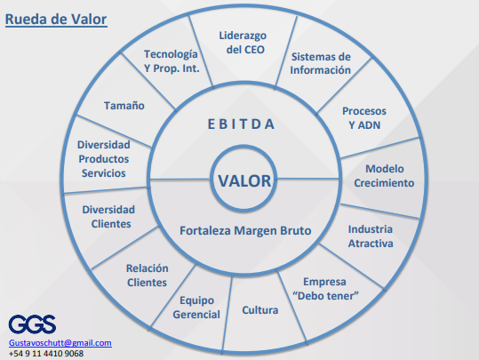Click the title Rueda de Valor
[56, 20]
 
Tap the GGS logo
[32, 324]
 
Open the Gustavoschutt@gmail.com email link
[60, 343]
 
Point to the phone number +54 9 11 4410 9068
[46, 354]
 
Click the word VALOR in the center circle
[244, 180]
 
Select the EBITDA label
[241, 124]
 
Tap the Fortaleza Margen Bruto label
[245, 231]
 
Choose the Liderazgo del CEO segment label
[243, 43]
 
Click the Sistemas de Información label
[321, 63]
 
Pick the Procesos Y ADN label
[364, 118]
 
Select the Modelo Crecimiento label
[384, 176]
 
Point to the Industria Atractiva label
[371, 236]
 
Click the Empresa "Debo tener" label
[325, 289]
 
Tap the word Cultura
[260, 310]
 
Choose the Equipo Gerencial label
[196, 308]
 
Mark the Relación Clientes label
[148, 276]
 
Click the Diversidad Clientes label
[108, 217]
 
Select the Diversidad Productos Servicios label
[104, 159]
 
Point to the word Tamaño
[124, 106]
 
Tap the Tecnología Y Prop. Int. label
[172, 61]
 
